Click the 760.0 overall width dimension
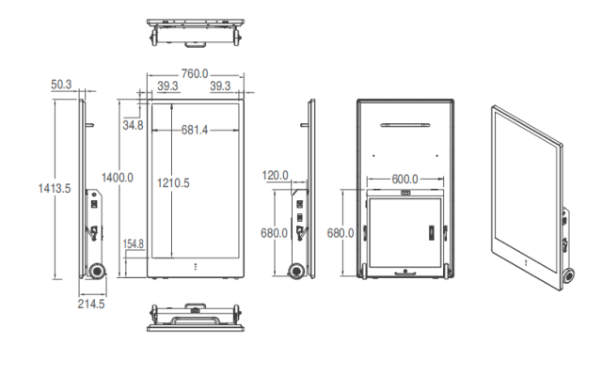coord(195,73)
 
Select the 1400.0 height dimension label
coord(118,178)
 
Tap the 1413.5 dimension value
coord(55,188)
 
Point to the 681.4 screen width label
coord(195,130)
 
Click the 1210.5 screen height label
coord(173,183)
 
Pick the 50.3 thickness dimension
coord(61,85)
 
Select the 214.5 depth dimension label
coord(91,304)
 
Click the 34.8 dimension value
coord(133,125)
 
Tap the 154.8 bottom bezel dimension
coord(134,244)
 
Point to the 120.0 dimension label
coord(275,176)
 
